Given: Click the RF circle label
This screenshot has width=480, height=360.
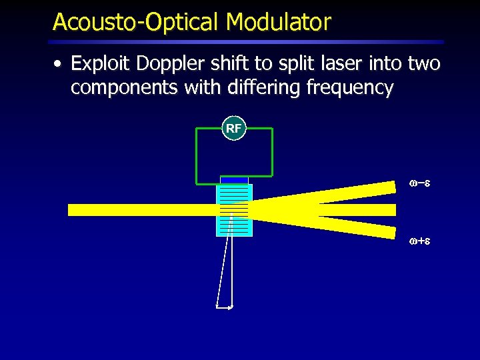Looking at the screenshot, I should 233,129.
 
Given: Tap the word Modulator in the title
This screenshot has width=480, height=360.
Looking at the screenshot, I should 278,22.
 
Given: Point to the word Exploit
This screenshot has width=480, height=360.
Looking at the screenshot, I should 96,64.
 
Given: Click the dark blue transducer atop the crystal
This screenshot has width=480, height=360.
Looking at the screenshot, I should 234,180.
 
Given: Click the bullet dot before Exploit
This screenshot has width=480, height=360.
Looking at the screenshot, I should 59,65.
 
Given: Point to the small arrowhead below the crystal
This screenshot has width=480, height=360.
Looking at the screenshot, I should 230,307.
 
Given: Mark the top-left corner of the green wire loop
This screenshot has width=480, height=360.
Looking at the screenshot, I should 196,129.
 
